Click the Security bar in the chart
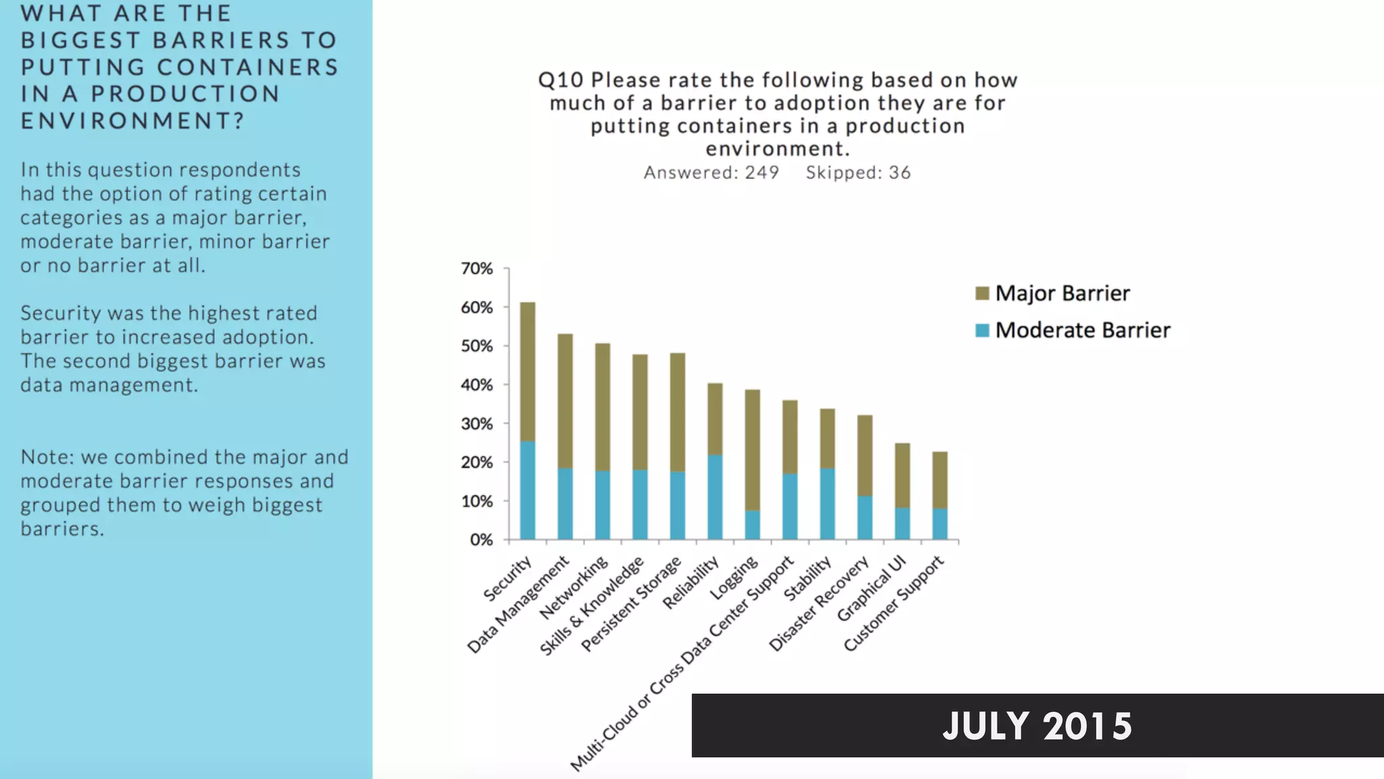point(527,421)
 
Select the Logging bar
point(752,465)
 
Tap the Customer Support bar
point(939,496)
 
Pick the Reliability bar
point(714,461)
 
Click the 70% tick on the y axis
point(477,268)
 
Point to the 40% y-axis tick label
point(477,385)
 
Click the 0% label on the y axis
point(481,540)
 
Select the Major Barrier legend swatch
point(982,293)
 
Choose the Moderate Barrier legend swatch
point(982,330)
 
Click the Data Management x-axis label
point(519,605)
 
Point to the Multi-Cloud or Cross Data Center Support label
point(683,663)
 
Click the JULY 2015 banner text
point(1037,726)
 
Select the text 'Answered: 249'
point(711,172)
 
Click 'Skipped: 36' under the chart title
point(858,172)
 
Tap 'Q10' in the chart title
point(560,80)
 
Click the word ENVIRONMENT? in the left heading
point(132,120)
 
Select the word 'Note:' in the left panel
point(47,457)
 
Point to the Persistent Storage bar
point(677,446)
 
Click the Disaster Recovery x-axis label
point(819,604)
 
